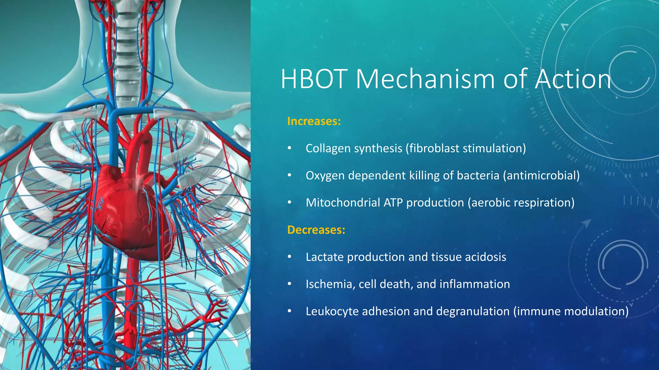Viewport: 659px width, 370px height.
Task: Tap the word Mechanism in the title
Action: (x=425, y=79)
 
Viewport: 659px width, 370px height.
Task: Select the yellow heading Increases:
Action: (x=314, y=121)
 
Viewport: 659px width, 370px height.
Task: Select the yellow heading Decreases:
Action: (x=316, y=230)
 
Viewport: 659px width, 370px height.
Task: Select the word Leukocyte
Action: (x=332, y=312)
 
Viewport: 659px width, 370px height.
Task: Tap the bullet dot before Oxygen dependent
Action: (x=289, y=175)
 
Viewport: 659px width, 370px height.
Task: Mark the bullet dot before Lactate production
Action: (x=289, y=257)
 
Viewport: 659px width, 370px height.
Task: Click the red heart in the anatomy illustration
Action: (x=129, y=209)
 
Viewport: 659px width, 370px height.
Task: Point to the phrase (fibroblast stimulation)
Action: (x=466, y=148)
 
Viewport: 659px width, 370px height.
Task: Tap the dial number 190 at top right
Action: (x=533, y=32)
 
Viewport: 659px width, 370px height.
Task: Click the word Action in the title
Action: (x=573, y=79)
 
